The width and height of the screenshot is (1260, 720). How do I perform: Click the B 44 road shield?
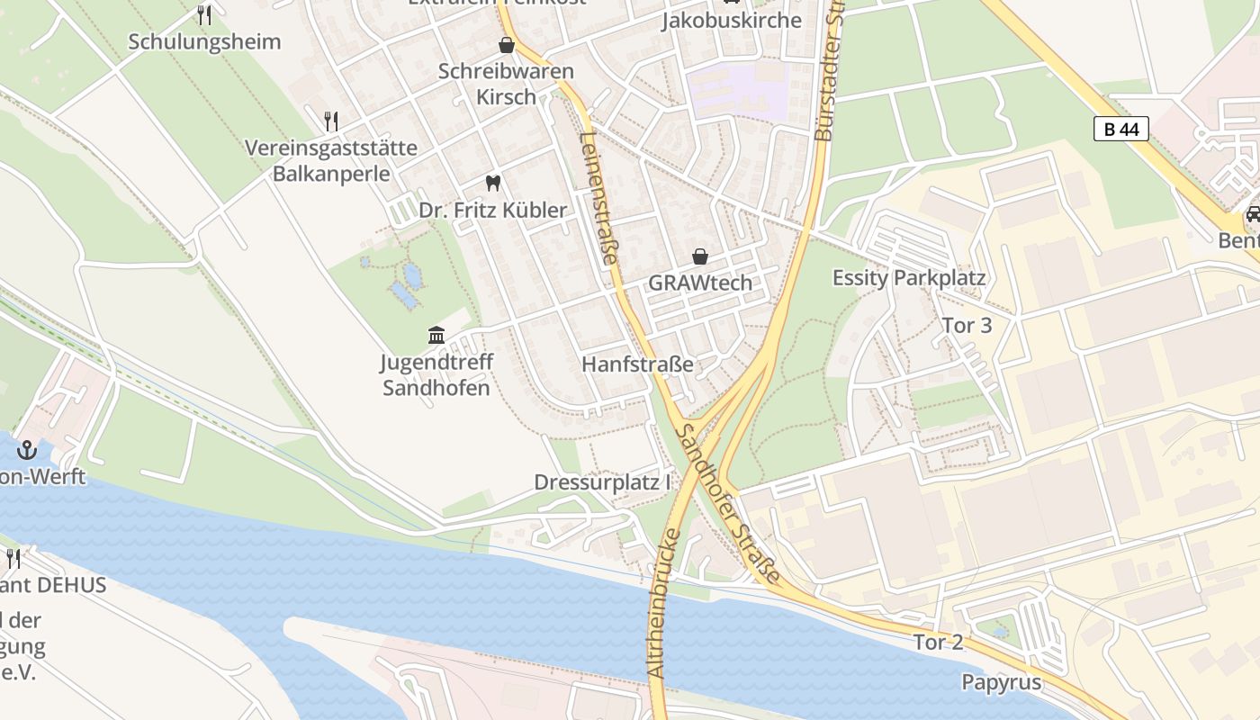tap(1121, 129)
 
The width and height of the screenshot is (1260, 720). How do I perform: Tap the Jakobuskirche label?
tap(731, 20)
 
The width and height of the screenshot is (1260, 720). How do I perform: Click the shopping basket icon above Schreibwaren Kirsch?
tap(507, 44)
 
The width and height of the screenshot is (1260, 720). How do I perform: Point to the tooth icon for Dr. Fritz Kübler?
tap(492, 184)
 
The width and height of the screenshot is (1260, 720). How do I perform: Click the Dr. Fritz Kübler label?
tap(493, 211)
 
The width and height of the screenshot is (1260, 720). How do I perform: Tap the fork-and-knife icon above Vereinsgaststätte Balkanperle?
tap(331, 120)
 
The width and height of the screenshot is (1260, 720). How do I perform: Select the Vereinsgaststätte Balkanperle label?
tap(332, 160)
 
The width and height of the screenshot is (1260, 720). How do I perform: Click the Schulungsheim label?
tap(204, 41)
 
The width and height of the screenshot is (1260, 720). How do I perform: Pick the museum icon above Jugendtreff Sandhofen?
tap(436, 336)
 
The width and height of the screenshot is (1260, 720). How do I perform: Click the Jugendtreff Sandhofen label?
tap(436, 375)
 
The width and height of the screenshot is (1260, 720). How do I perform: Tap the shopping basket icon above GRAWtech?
tap(699, 256)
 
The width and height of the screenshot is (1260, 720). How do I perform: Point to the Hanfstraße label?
tap(637, 364)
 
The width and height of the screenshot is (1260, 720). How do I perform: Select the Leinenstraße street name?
tap(599, 198)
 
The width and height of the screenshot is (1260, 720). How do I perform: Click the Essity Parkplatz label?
tap(908, 278)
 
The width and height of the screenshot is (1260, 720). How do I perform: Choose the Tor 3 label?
tap(967, 325)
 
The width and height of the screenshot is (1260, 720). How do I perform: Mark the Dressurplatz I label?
tap(603, 482)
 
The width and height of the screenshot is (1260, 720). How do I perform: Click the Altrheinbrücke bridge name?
tap(662, 603)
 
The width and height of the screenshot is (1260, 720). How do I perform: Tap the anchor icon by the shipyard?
tap(27, 449)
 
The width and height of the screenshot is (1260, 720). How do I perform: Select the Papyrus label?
tap(1001, 682)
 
